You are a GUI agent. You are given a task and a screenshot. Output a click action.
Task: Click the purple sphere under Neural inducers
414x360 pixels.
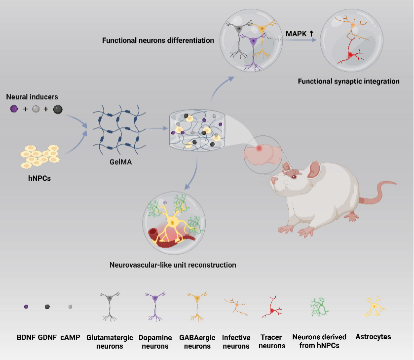click(x=15, y=109)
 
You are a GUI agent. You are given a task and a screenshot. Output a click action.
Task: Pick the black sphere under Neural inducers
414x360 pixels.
click(x=58, y=109)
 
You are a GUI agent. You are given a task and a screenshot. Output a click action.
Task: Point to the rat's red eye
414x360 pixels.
click(x=293, y=176)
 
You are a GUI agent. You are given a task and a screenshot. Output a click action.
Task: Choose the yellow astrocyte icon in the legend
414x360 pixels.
click(x=374, y=307)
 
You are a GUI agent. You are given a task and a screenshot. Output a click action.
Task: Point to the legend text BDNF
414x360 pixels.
click(x=26, y=338)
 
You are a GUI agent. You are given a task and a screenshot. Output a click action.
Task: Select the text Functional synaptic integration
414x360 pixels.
click(x=348, y=81)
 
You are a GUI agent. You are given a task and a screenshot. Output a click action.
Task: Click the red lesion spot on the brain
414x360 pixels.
click(x=260, y=148)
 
